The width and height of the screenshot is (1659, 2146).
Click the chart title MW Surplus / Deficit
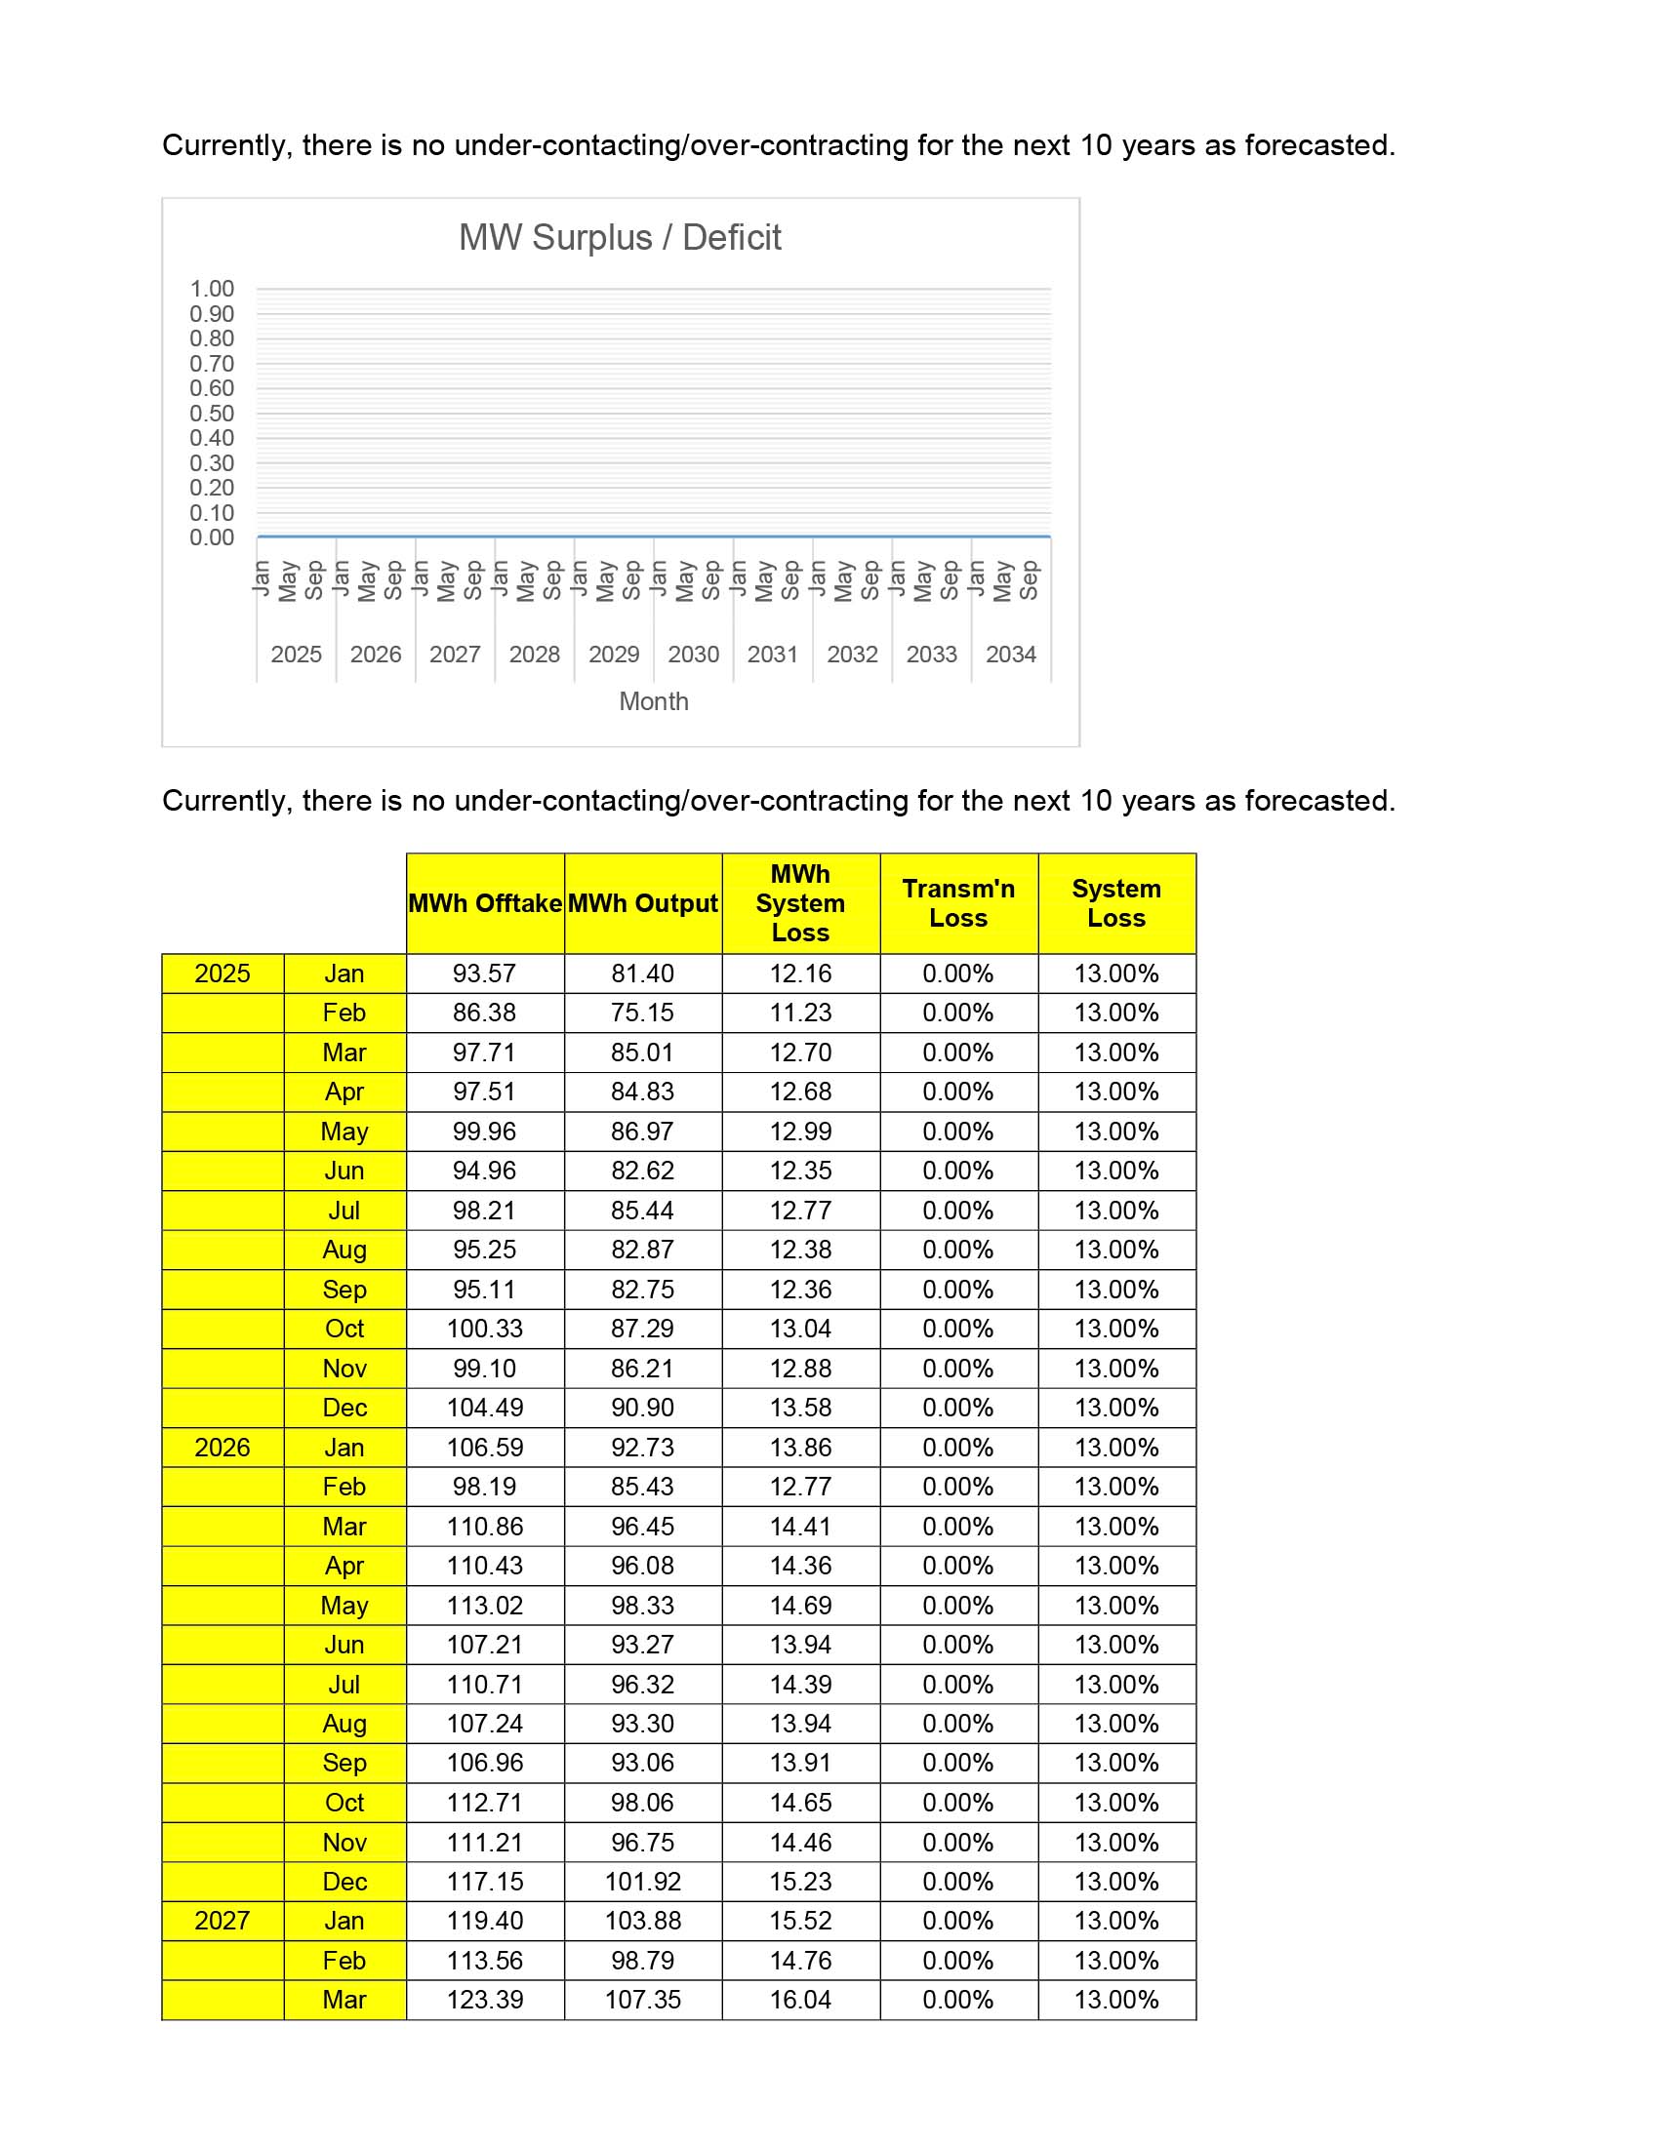(619, 238)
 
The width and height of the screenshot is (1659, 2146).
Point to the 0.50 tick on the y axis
(212, 414)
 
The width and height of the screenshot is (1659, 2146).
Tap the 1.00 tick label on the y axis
(212, 289)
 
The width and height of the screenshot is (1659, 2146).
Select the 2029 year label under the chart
(613, 655)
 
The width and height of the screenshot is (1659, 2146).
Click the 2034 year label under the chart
(1010, 655)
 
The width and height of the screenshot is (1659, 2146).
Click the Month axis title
(654, 701)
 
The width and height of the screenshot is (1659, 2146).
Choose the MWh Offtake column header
(485, 903)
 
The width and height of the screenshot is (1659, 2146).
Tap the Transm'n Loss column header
(958, 903)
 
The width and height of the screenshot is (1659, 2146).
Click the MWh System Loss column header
(800, 903)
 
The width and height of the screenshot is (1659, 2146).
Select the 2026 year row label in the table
(223, 1448)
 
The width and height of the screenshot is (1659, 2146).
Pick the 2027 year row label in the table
(223, 1921)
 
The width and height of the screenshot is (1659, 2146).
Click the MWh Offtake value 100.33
(485, 1329)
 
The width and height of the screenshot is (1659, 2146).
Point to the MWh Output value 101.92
(643, 1882)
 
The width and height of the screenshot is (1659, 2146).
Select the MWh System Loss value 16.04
(800, 2000)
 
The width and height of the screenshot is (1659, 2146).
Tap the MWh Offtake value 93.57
(485, 974)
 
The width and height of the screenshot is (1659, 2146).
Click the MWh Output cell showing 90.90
(643, 1407)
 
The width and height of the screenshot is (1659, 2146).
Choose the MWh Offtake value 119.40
(485, 1921)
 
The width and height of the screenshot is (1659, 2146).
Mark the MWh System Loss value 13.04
(800, 1329)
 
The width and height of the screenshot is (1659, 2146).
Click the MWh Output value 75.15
(643, 1013)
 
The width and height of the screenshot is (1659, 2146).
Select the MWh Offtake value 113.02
(485, 1606)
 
